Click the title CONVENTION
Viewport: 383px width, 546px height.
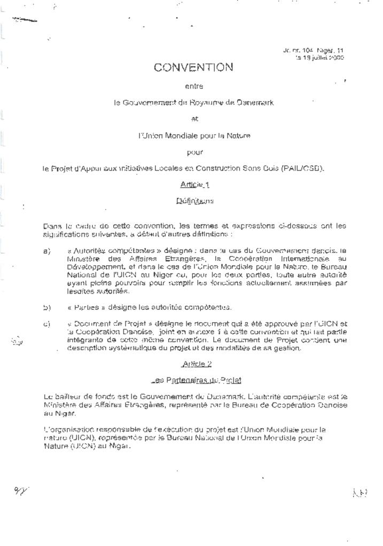[x=193, y=68]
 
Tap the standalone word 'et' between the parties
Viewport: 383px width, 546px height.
[x=194, y=119]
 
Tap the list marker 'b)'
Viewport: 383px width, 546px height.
[x=46, y=308]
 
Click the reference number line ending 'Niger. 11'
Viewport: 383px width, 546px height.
[x=313, y=50]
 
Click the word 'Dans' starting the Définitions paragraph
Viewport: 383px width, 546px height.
[x=51, y=226]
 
